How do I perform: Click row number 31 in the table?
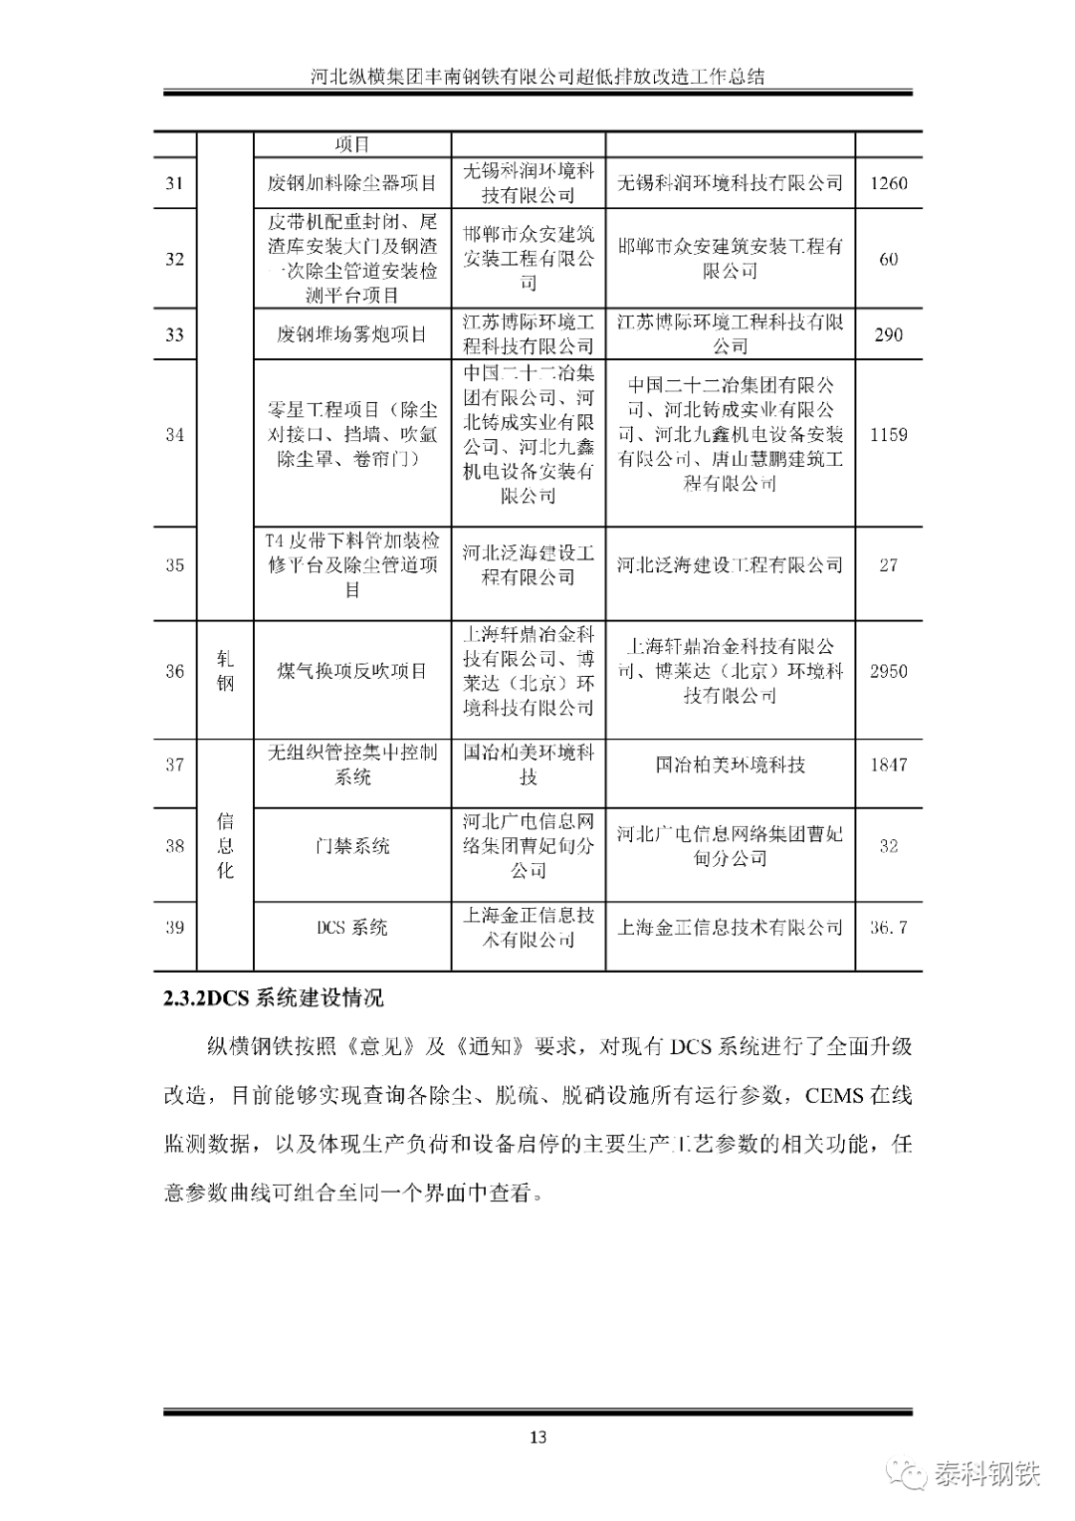click(174, 183)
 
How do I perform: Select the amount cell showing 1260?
click(888, 183)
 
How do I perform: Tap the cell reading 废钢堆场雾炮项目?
click(351, 334)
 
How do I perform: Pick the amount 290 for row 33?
click(888, 334)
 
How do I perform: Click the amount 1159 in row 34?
click(888, 435)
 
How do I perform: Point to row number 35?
click(174, 565)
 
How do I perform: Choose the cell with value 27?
click(888, 565)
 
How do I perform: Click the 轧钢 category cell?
click(226, 671)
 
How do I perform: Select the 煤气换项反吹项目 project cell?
click(351, 671)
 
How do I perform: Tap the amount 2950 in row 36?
click(888, 671)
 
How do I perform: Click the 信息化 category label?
click(226, 845)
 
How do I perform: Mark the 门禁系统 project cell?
click(351, 846)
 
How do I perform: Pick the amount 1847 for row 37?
click(888, 764)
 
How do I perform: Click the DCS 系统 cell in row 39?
click(351, 928)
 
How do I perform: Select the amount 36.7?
click(888, 928)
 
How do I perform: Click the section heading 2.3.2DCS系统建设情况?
click(274, 998)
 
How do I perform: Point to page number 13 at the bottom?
click(537, 1436)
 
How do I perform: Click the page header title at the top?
click(537, 77)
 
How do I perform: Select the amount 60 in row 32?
click(888, 259)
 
